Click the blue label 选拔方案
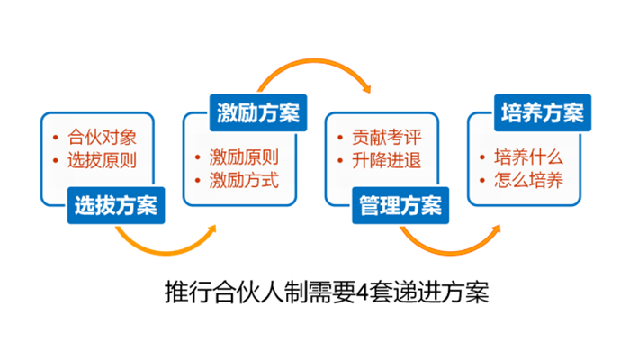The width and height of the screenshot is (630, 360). [x=116, y=205]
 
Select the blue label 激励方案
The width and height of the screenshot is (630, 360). [x=258, y=112]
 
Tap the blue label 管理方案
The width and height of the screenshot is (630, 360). [x=400, y=205]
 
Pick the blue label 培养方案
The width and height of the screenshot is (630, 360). [x=543, y=112]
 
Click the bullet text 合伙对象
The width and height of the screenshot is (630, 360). [x=102, y=138]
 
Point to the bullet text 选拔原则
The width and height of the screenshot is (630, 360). [x=102, y=160]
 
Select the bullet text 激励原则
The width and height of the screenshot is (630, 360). [x=244, y=157]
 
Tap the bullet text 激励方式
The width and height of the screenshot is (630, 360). [x=244, y=180]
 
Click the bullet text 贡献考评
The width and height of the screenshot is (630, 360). [x=386, y=138]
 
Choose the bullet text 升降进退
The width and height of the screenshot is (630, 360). [x=386, y=160]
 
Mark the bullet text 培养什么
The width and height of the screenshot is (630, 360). [x=529, y=157]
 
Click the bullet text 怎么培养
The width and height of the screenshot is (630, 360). [x=529, y=180]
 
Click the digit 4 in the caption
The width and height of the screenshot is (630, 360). [x=363, y=292]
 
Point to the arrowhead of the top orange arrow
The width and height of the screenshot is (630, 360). [x=366, y=88]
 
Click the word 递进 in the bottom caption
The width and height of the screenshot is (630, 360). [x=417, y=292]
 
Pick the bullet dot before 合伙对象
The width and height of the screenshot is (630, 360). [x=56, y=138]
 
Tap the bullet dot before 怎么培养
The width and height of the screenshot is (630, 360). [x=482, y=180]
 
